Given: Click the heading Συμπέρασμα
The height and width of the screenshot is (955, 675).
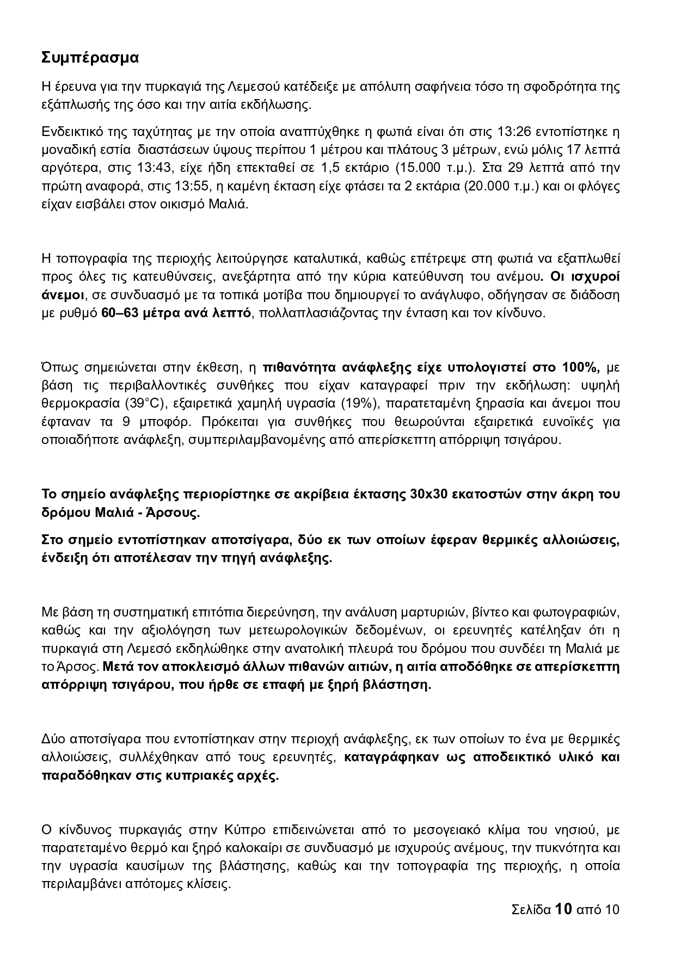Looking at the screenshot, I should pyautogui.click(x=90, y=58).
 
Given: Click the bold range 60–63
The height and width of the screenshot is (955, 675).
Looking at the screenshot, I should pyautogui.click(x=121, y=313).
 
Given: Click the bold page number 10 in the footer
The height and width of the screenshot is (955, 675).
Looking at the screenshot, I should pyautogui.click(x=563, y=909).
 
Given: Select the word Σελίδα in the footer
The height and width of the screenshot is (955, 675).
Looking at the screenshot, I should pyautogui.click(x=531, y=910).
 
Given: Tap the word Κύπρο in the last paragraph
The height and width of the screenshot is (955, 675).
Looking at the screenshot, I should pyautogui.click(x=244, y=830).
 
